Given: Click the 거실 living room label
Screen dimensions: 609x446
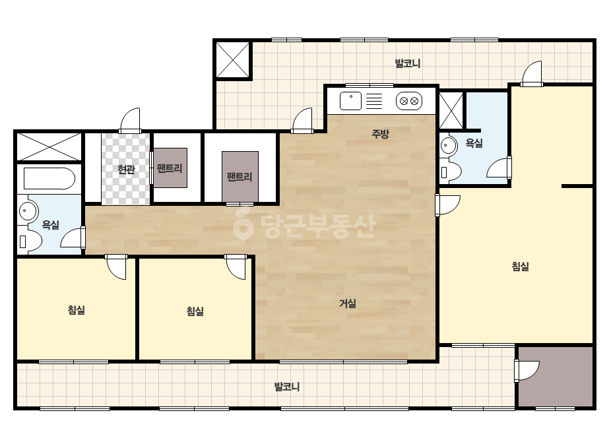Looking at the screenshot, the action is click(348, 303).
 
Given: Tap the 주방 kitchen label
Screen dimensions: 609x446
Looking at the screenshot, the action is click(380, 134).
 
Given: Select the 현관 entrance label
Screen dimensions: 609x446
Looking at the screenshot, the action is click(126, 170).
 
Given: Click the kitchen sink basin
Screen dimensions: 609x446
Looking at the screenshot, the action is click(350, 101).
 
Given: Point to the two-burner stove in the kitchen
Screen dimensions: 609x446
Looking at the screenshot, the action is click(409, 101).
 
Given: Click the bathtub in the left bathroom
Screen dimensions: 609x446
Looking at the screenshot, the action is click(49, 178).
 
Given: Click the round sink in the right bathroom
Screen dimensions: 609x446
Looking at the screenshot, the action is click(449, 146).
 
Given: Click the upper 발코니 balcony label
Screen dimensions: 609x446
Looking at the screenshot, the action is click(407, 63).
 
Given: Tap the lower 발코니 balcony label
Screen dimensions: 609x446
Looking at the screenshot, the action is click(286, 387).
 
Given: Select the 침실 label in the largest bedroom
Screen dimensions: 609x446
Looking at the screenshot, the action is click(520, 267).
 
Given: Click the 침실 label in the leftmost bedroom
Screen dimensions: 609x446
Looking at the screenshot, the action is click(76, 310).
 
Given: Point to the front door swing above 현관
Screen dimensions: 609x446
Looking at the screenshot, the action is click(130, 121).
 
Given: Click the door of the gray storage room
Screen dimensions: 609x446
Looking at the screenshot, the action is click(527, 371).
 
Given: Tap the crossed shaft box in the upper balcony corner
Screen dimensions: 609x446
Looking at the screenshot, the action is click(233, 60).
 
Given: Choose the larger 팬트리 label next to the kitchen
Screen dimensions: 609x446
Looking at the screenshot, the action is click(240, 177).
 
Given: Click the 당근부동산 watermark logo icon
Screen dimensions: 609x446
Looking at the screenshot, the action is click(243, 224).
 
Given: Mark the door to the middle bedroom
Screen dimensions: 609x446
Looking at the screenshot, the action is click(236, 267).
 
